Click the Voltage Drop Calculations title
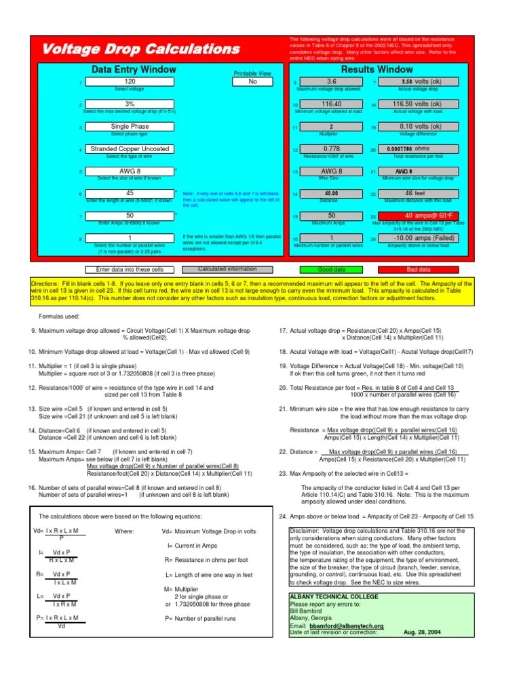141,49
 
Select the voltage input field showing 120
130,82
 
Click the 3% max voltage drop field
130,104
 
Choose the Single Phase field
130,127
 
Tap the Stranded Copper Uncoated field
130,149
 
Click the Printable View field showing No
252,81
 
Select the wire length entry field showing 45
130,193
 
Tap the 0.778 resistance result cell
332,149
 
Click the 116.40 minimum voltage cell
332,104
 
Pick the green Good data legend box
332,269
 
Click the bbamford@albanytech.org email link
346,626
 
